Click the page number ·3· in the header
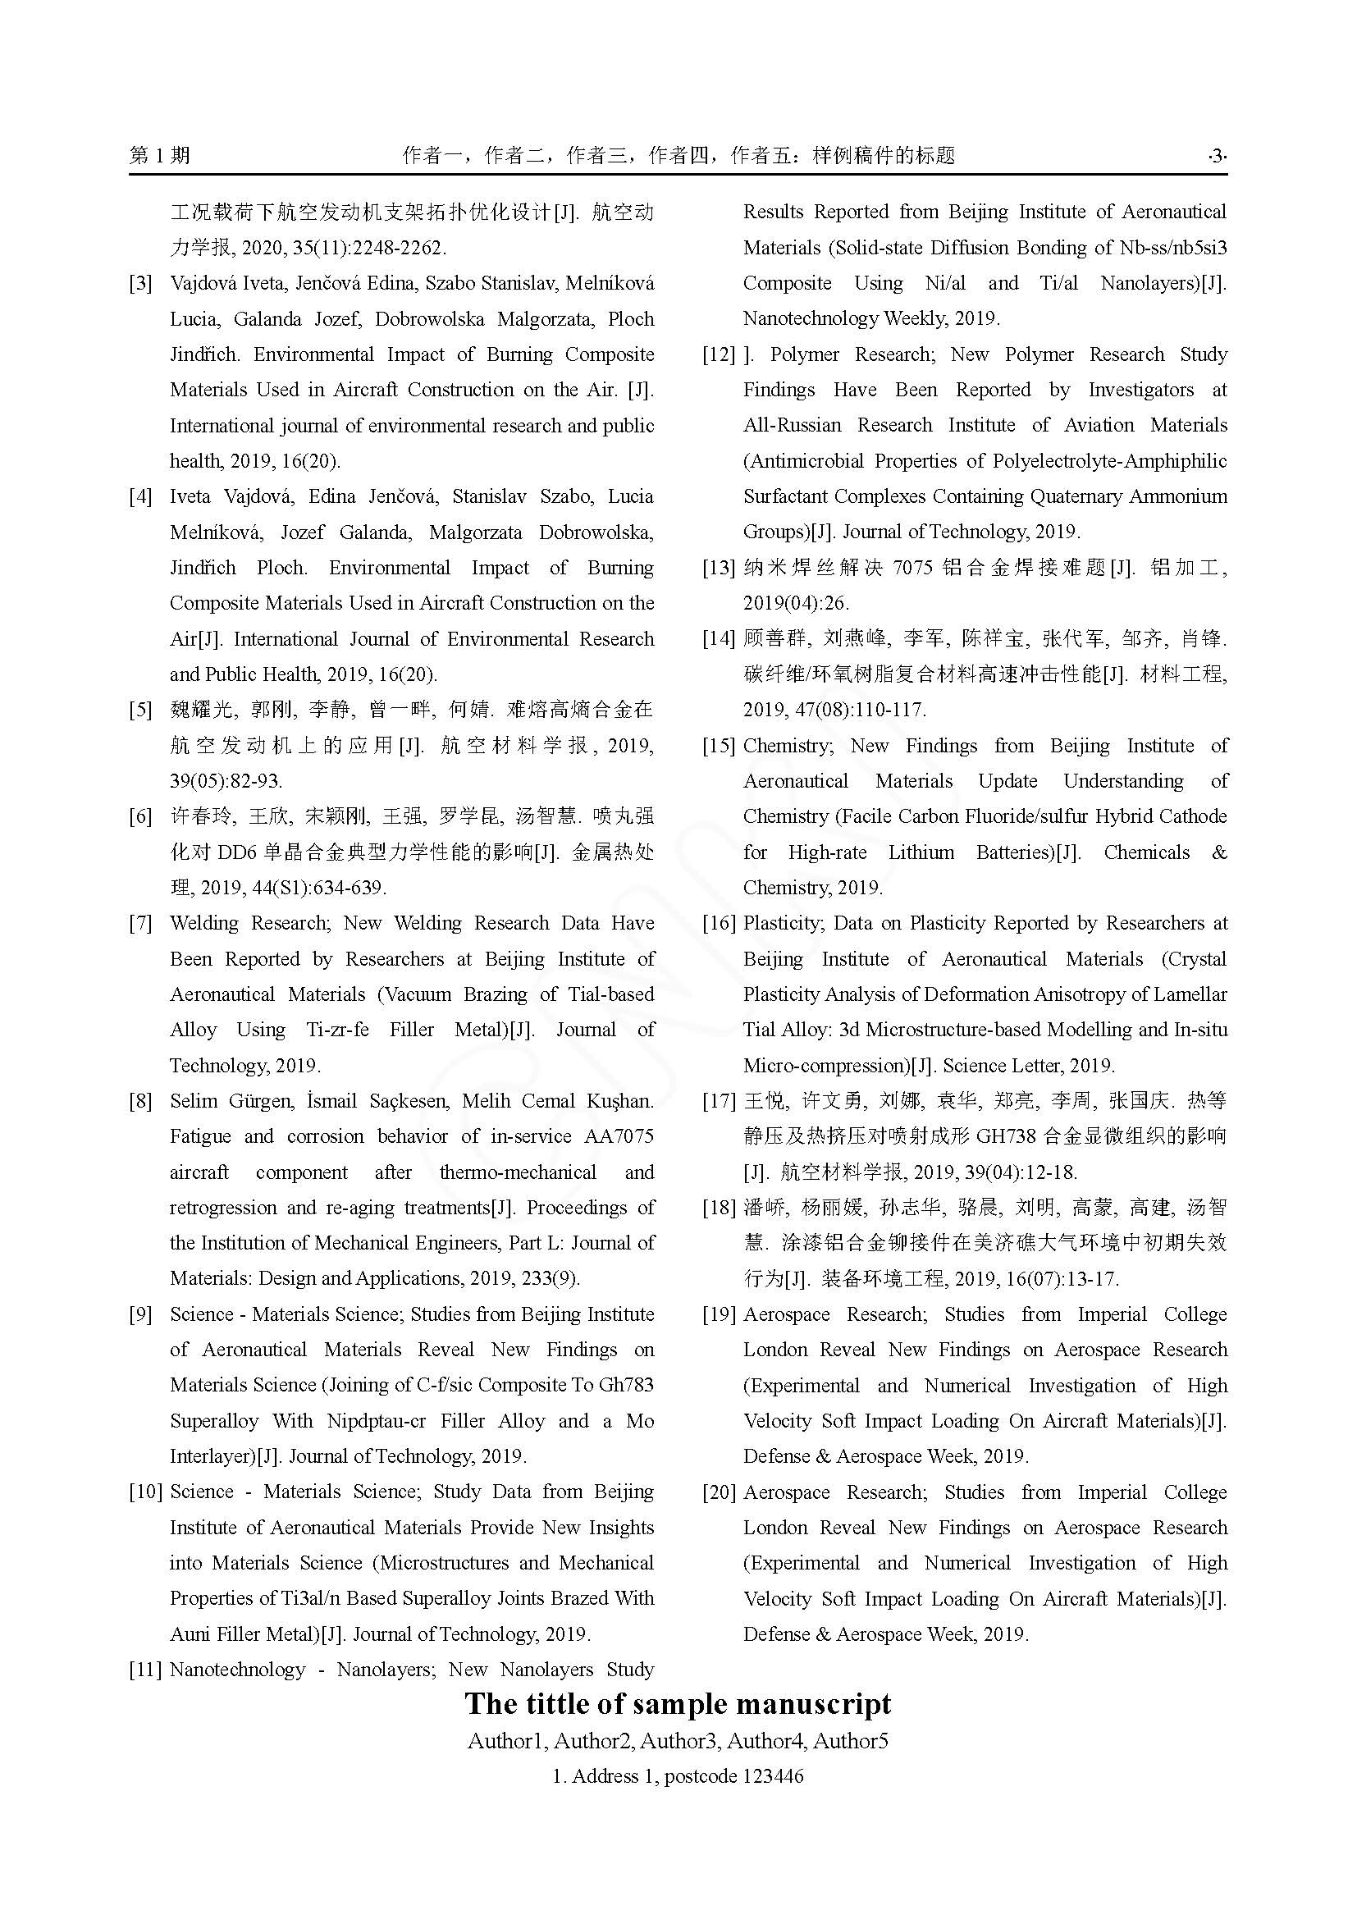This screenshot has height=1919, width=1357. (1217, 155)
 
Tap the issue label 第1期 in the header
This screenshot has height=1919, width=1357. (160, 155)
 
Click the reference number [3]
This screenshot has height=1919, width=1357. (140, 283)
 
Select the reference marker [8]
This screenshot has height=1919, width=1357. (140, 1101)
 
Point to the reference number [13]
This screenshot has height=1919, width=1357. (719, 569)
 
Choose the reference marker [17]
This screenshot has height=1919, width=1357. (719, 1101)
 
